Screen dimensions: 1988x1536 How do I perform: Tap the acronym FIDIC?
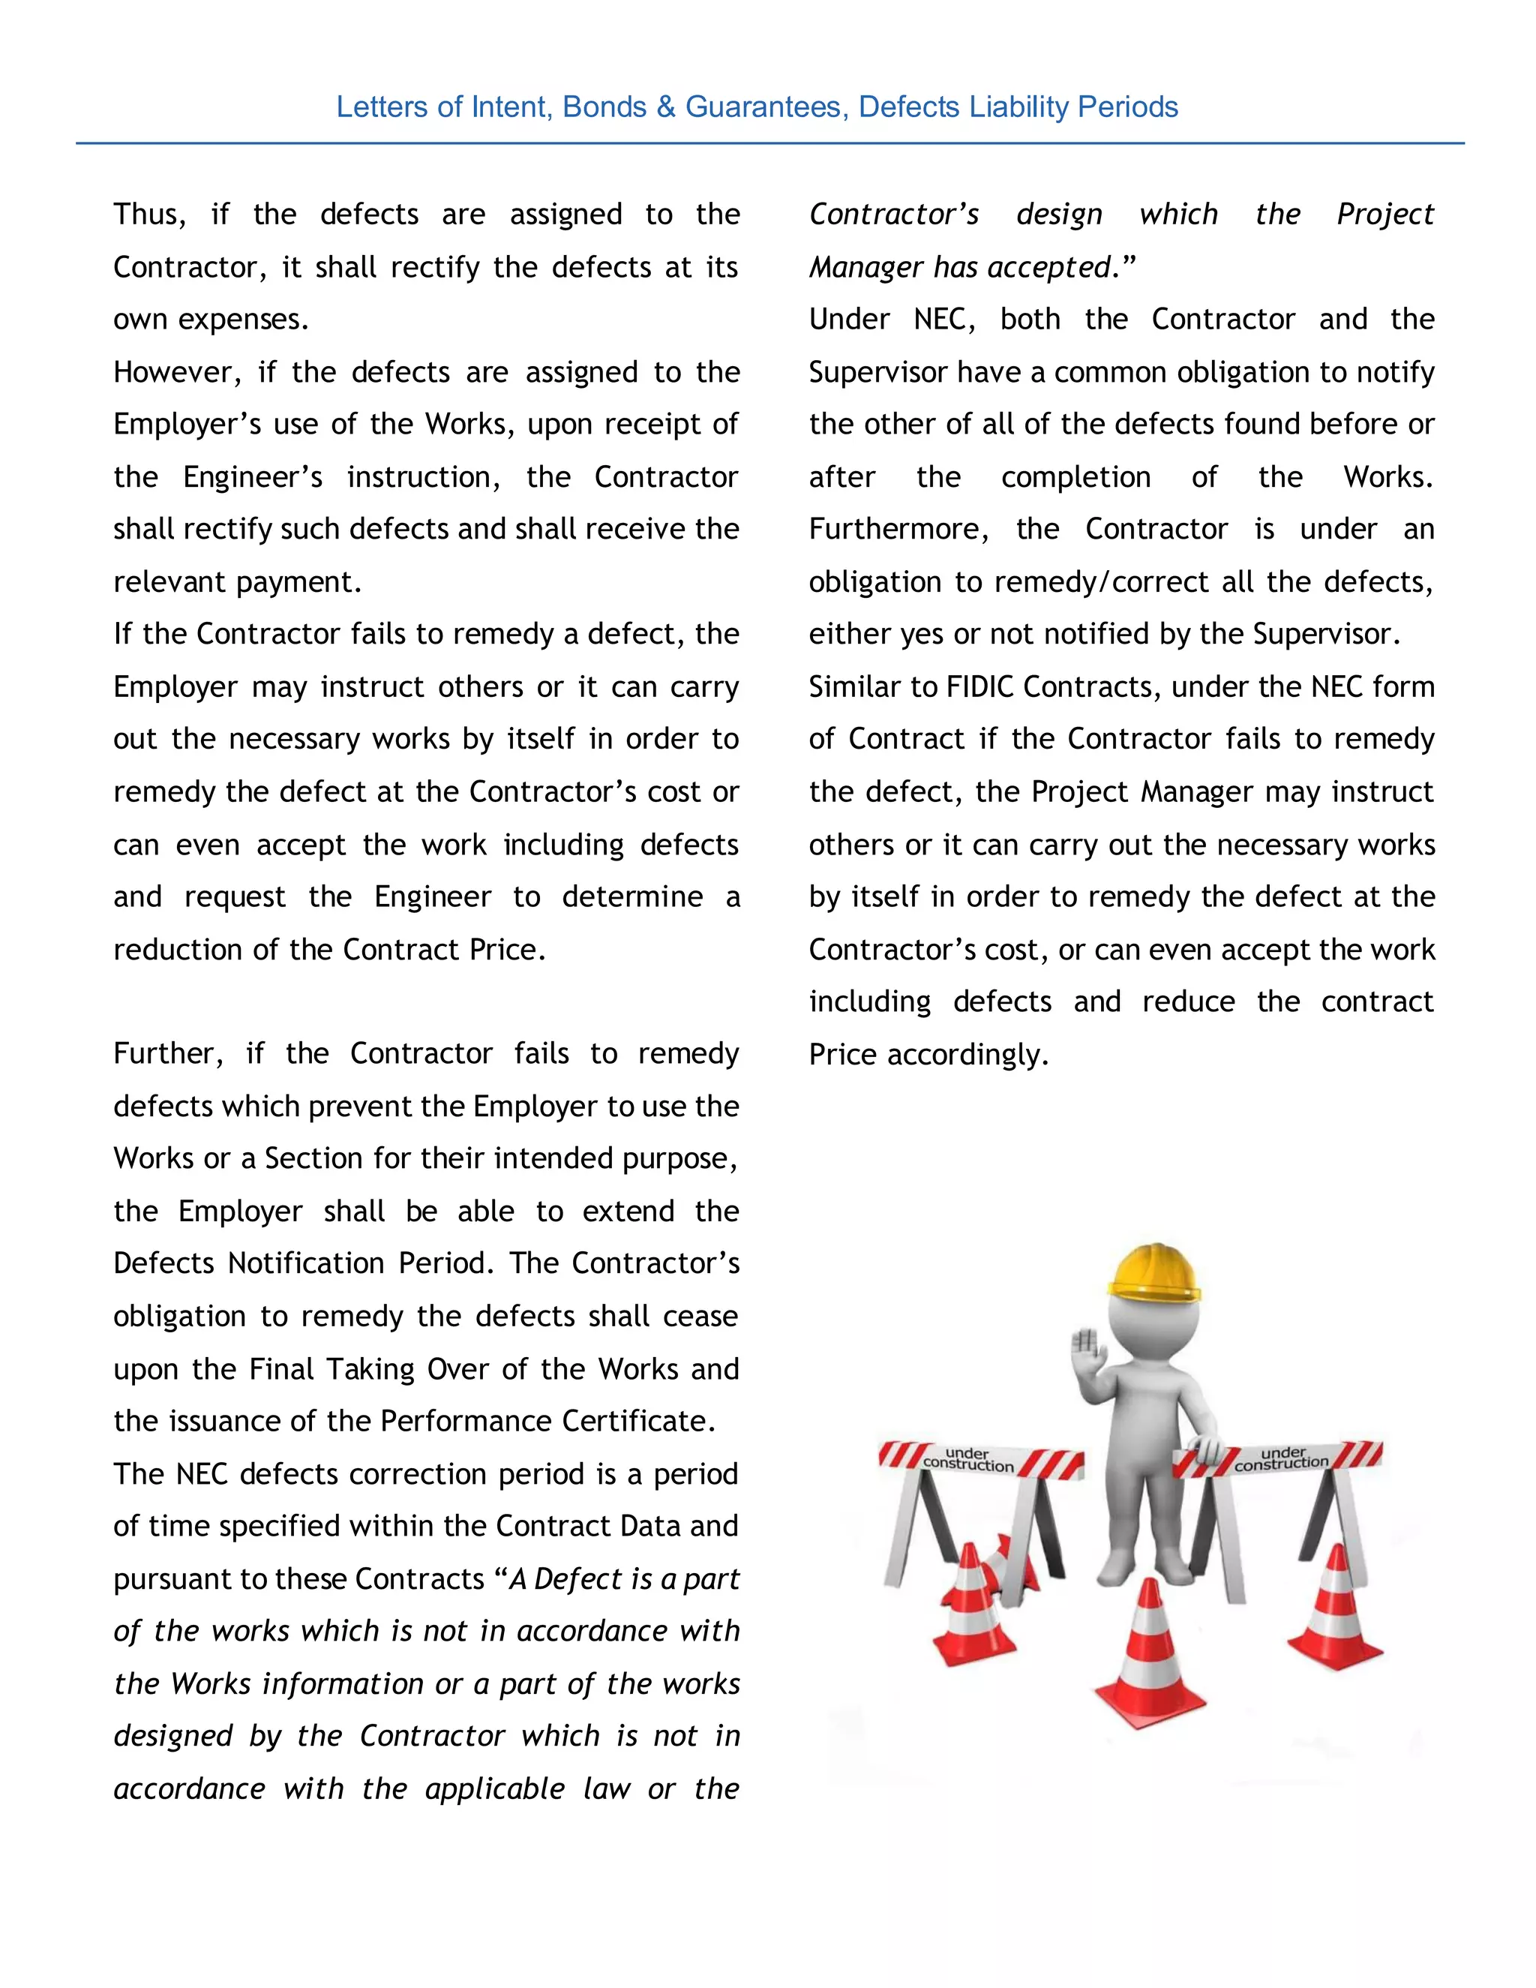click(x=981, y=687)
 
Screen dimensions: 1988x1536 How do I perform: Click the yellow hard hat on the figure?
click(x=1153, y=1272)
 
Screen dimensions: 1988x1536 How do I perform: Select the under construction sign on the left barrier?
click(x=969, y=1459)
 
